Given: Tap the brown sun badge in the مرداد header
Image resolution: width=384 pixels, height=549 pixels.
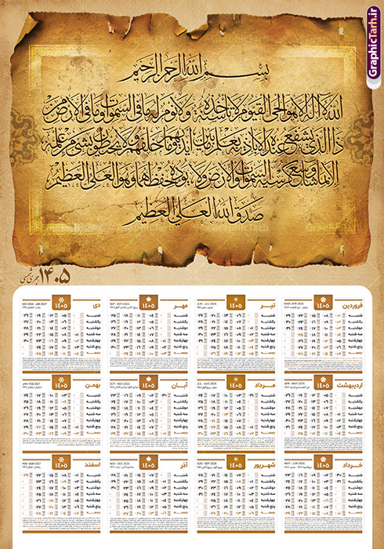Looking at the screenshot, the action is point(235,382).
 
